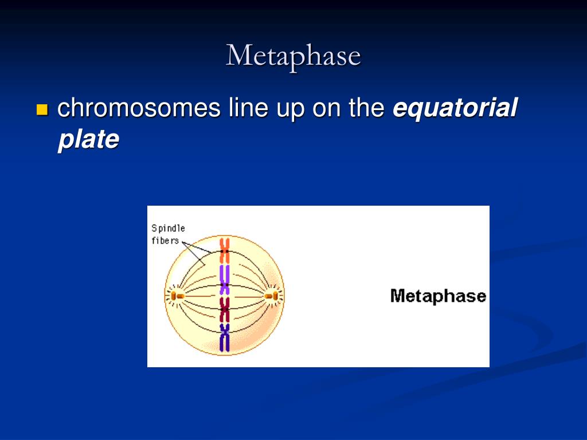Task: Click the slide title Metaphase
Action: [x=293, y=56]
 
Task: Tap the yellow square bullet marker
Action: [x=42, y=109]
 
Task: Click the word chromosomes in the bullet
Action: [x=139, y=108]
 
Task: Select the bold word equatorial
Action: [x=455, y=108]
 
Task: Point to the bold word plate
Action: [x=88, y=139]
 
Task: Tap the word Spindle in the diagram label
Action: [x=168, y=229]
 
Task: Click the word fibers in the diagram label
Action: [x=165, y=241]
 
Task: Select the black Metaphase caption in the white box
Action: [x=438, y=296]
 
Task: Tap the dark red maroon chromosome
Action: [x=224, y=311]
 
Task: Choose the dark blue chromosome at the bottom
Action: [x=224, y=338]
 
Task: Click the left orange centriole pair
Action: [x=177, y=296]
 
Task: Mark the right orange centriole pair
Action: [x=271, y=296]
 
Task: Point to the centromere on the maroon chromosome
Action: [x=224, y=310]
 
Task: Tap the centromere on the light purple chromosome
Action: [x=224, y=284]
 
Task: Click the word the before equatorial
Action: [x=367, y=108]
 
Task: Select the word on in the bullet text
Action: [x=326, y=108]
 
